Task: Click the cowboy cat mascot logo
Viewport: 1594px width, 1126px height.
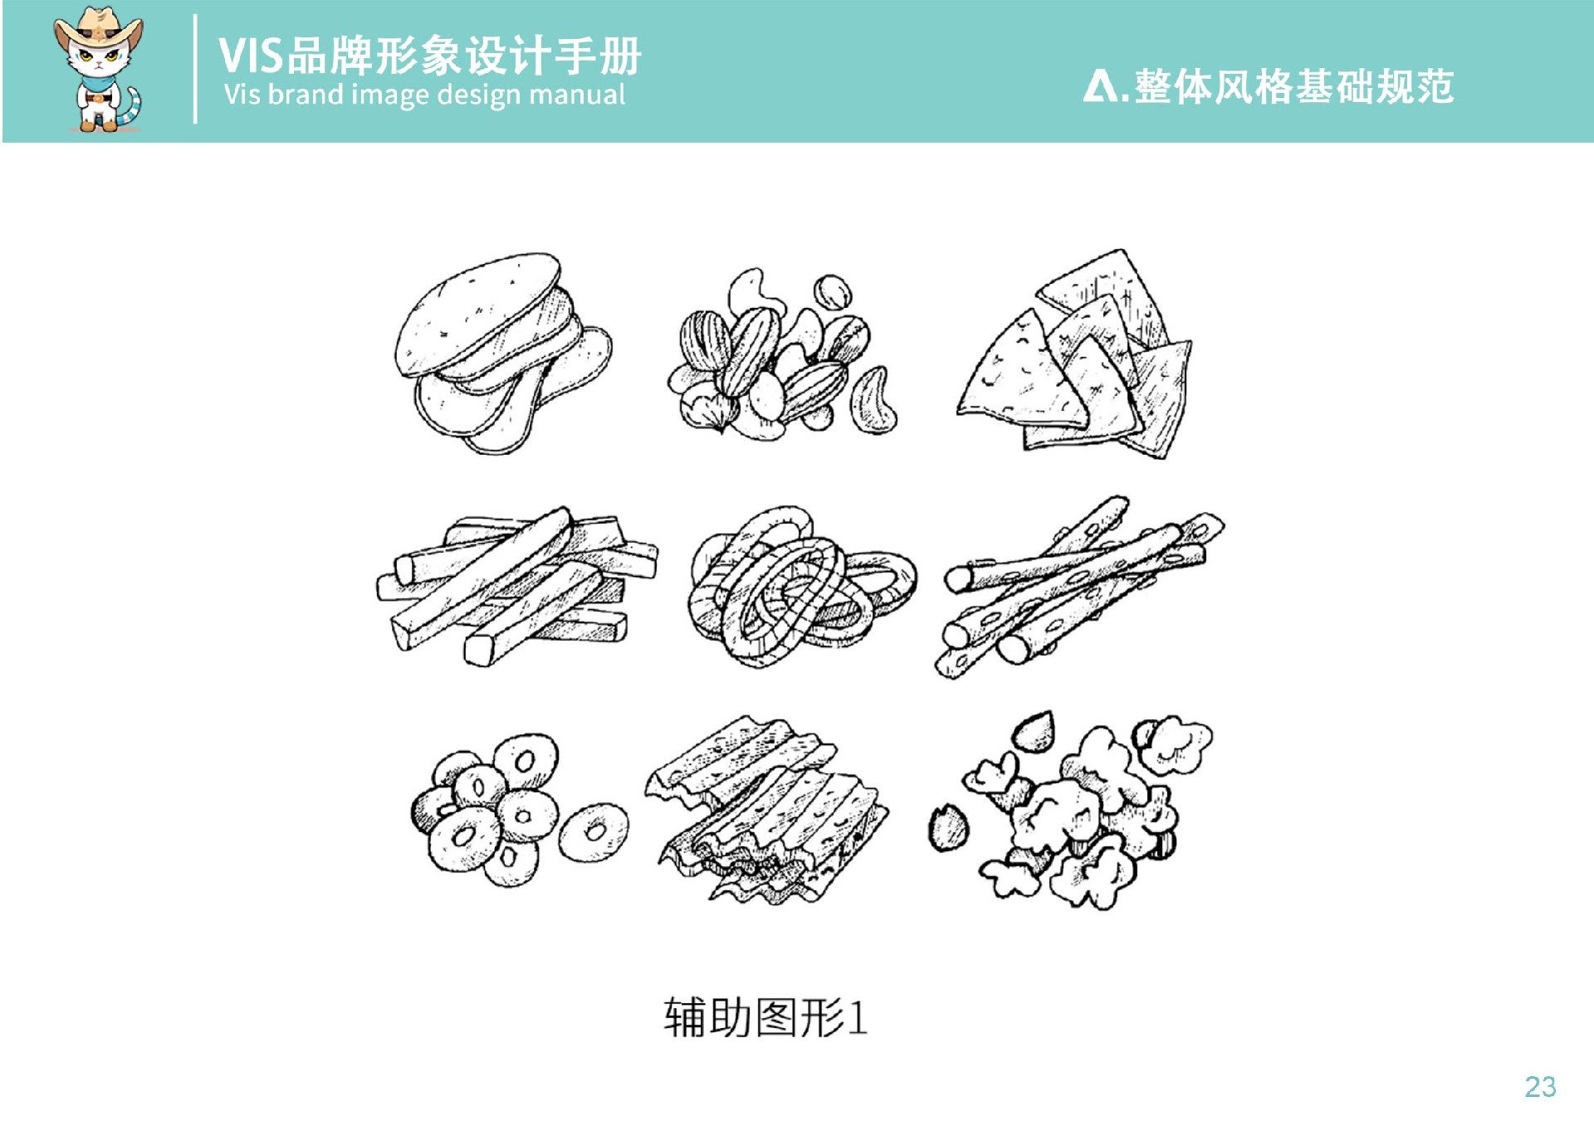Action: point(99,70)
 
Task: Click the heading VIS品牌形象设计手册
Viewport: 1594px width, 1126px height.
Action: point(429,56)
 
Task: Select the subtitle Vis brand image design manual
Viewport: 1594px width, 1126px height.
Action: point(424,95)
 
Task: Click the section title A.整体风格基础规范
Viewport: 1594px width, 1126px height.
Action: point(1268,86)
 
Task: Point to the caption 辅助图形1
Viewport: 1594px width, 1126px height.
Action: point(765,1017)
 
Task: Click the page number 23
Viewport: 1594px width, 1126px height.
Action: point(1540,1087)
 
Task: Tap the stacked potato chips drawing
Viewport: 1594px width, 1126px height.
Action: point(503,353)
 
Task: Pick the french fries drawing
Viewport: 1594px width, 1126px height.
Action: point(516,586)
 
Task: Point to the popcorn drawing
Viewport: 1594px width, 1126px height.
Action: point(1071,810)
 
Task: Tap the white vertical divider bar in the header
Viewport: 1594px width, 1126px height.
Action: point(195,69)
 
